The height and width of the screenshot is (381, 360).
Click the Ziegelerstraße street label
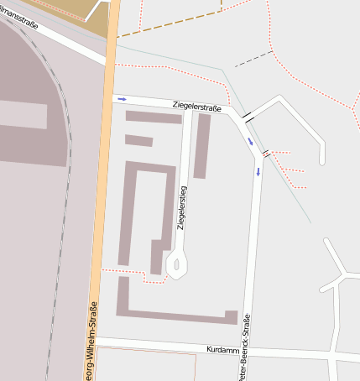(197, 106)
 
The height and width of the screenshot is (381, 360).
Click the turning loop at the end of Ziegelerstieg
(176, 264)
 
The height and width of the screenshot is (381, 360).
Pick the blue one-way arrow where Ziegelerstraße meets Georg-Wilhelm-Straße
(123, 99)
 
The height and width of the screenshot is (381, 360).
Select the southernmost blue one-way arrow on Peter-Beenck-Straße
(258, 172)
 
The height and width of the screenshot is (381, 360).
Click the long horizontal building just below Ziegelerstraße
(154, 117)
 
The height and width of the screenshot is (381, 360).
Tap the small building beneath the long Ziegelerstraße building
(138, 140)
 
